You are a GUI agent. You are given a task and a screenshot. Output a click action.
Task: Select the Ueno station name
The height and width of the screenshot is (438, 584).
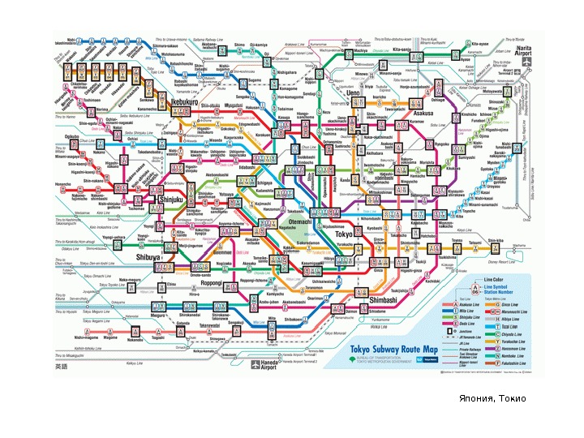354,94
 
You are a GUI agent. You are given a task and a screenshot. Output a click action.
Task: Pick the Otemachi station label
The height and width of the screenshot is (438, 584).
299,222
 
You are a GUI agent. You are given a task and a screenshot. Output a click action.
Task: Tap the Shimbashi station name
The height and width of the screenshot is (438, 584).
381,299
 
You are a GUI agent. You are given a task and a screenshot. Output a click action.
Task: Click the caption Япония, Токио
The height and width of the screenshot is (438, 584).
492,398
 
